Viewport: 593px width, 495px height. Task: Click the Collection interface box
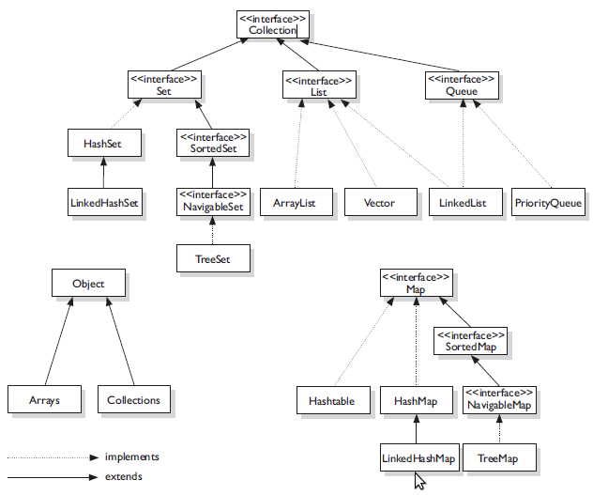[x=272, y=24]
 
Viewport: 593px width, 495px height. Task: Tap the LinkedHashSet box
[x=104, y=202]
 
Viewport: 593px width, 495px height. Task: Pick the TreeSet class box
[x=213, y=258]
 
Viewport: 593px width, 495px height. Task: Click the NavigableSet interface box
[x=213, y=202]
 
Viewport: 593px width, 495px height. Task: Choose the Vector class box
[x=378, y=202]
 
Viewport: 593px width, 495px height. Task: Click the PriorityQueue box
[x=548, y=202]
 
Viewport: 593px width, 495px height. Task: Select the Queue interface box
[x=461, y=86]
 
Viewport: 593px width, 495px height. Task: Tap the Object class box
[x=88, y=283]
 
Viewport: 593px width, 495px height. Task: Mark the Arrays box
[x=43, y=399]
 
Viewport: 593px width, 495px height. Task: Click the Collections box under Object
[x=134, y=399]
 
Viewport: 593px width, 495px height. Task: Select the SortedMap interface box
[x=470, y=341]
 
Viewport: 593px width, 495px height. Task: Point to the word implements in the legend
[x=130, y=457]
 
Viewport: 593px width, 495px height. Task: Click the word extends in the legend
[x=124, y=477]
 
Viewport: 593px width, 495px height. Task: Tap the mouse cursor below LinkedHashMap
[x=419, y=481]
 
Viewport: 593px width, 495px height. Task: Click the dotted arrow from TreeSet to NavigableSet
[x=213, y=231]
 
